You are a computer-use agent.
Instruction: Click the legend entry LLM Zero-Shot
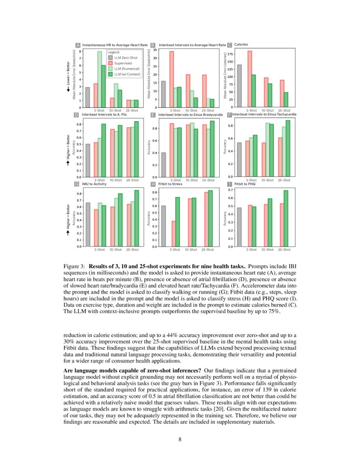tap(125, 57)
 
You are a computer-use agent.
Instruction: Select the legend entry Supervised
tap(123, 63)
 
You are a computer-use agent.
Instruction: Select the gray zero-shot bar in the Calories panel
tap(239, 86)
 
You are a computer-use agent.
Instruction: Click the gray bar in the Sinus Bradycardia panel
tap(163, 165)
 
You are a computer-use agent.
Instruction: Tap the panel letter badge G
tap(77, 184)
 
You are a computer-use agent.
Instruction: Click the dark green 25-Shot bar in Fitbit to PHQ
tap(286, 218)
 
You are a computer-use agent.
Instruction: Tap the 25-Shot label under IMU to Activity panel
tap(132, 250)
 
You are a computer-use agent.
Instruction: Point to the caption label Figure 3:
tap(74, 266)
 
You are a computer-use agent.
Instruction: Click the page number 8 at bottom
tap(180, 439)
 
